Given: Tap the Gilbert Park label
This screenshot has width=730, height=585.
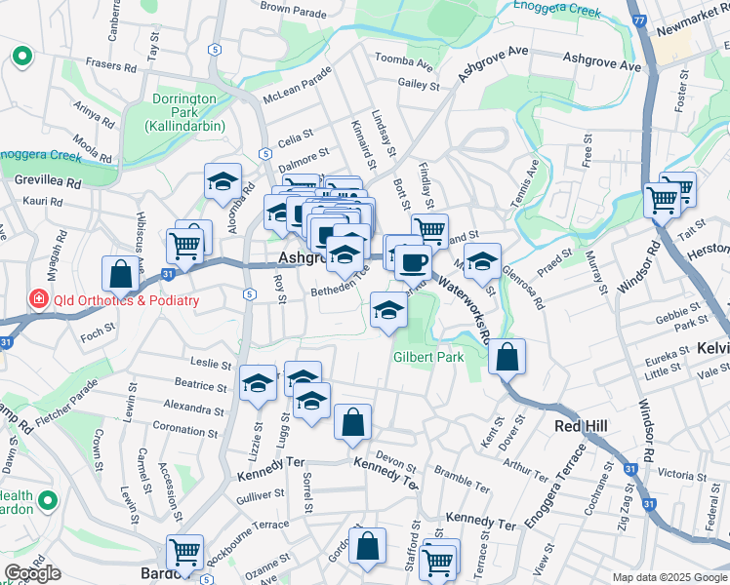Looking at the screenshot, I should click(x=428, y=358).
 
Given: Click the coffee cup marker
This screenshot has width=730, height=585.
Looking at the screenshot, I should click(x=413, y=261).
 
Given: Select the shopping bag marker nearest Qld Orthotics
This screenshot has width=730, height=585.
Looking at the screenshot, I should click(x=121, y=275).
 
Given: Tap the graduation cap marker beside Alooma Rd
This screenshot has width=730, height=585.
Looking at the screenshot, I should click(x=223, y=181).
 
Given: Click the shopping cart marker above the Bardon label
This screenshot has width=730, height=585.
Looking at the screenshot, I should click(x=184, y=552).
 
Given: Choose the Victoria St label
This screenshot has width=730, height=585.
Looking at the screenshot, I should click(x=682, y=475).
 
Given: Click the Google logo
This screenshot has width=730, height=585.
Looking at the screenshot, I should click(x=33, y=573).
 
